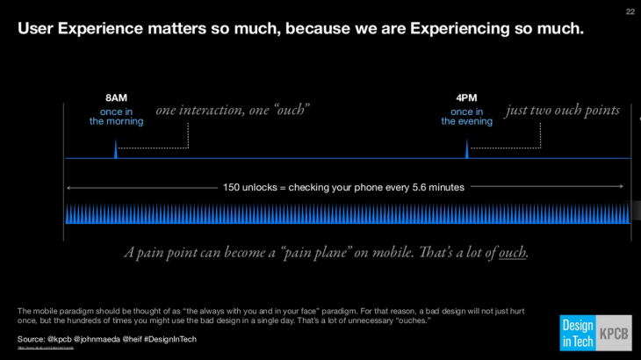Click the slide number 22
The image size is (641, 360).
coord(630,11)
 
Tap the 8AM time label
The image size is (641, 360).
coord(116,97)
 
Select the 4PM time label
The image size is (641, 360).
coord(466,97)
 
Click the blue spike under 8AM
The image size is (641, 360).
coord(116,149)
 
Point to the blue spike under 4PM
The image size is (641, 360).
coord(466,149)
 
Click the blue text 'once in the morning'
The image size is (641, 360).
coord(116,117)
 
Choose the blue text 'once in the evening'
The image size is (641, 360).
coord(466,117)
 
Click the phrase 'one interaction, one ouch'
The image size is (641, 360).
coord(233,111)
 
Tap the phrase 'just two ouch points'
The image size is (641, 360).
coord(563,111)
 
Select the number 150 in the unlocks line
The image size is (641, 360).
coord(232,187)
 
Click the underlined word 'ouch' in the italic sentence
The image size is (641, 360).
coord(513,253)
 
